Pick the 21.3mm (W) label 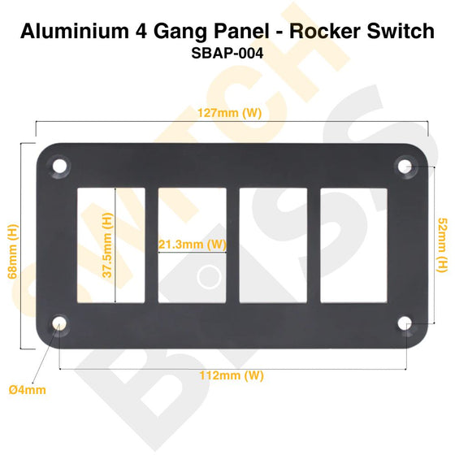point(193,243)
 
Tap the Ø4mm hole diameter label point(28,390)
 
